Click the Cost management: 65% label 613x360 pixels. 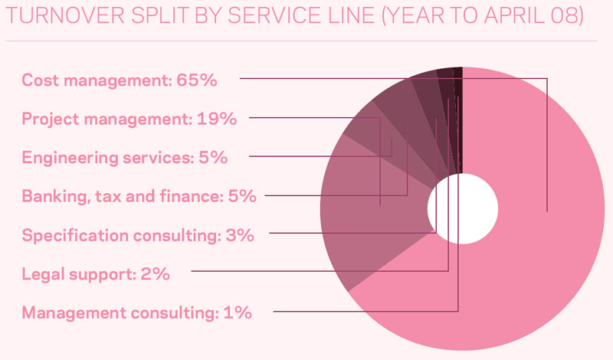point(120,80)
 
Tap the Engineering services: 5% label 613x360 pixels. point(125,158)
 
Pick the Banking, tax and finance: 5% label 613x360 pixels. point(139,197)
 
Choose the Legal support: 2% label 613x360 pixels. point(96,273)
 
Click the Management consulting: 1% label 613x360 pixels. point(137,313)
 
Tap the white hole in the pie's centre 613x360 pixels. point(462,208)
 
